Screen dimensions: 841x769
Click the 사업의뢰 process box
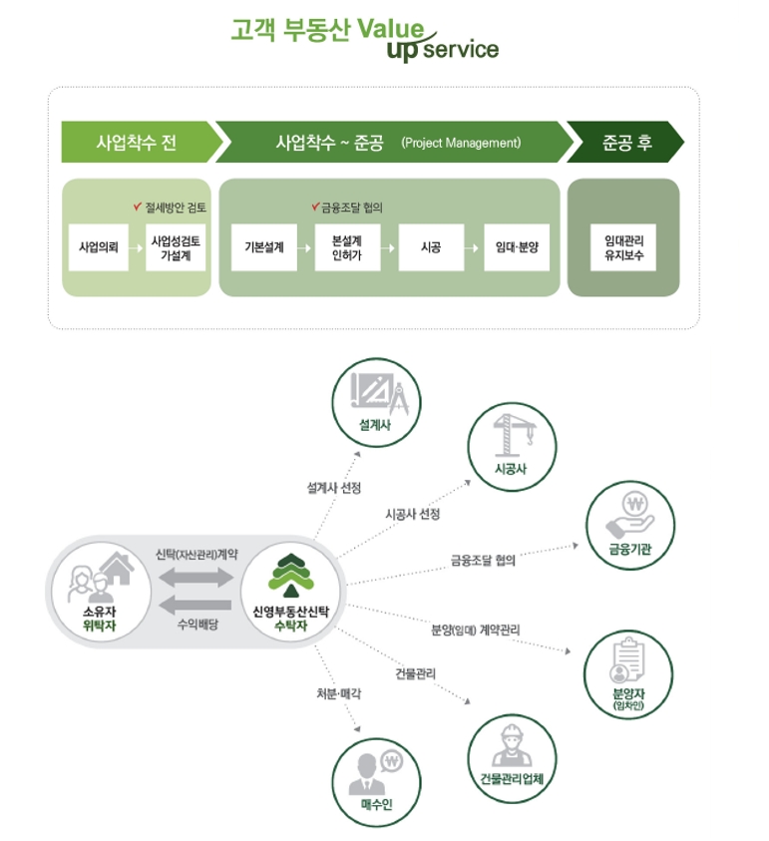tap(99, 248)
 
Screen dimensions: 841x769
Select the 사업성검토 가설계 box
tap(177, 248)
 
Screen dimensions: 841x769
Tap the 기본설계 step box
tap(263, 248)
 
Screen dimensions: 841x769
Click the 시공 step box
tap(431, 248)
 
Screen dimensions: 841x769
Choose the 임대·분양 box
tap(516, 248)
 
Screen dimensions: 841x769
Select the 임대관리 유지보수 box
tap(623, 248)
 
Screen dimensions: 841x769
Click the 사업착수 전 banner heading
tap(137, 143)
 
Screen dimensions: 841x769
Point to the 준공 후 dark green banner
tap(626, 143)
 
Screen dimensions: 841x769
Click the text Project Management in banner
tap(461, 144)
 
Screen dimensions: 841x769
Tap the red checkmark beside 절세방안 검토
tap(138, 207)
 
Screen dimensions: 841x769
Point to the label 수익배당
tap(197, 625)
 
